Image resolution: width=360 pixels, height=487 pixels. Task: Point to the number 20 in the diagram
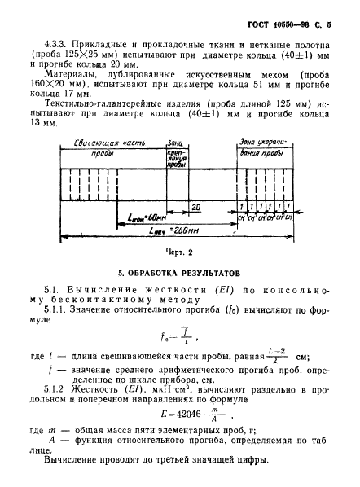click(195, 208)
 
